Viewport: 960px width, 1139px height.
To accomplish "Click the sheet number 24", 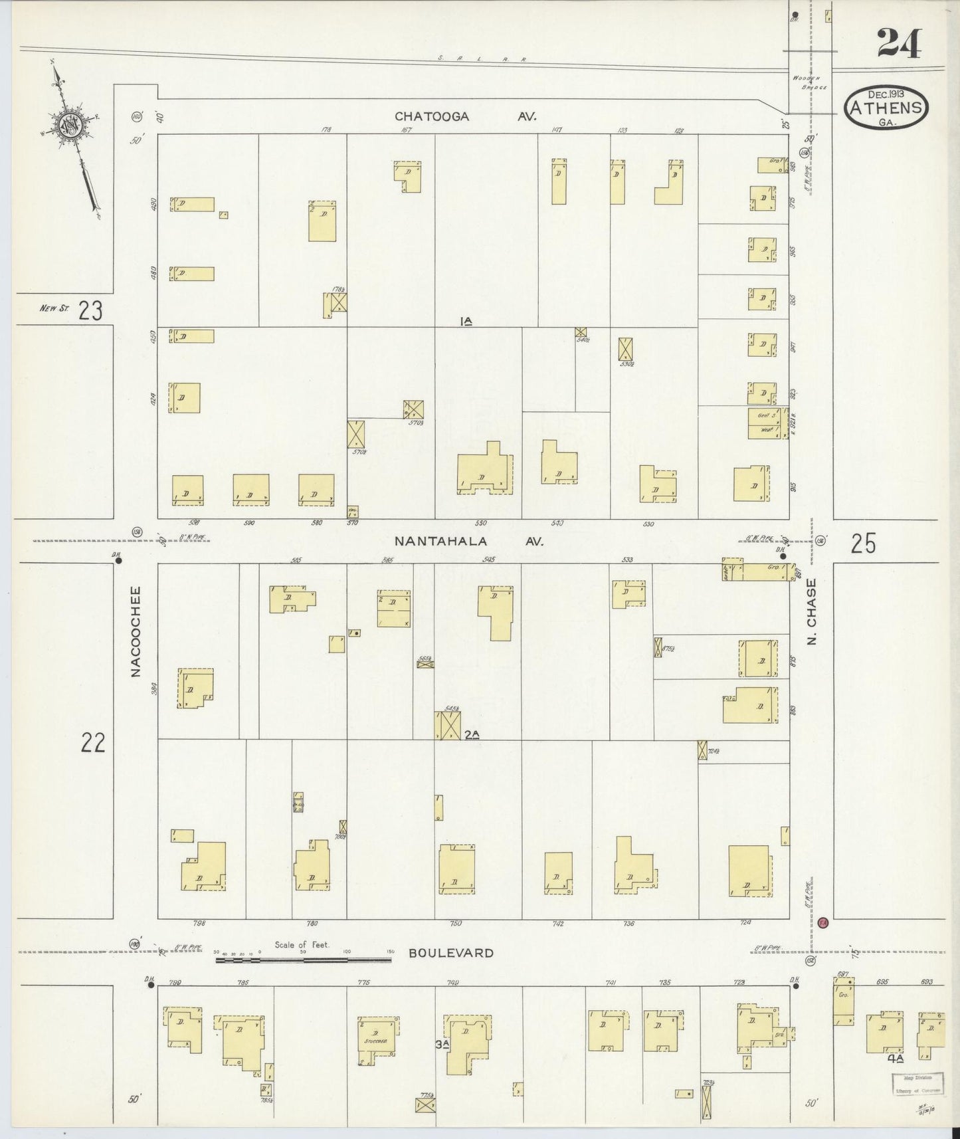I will tap(899, 45).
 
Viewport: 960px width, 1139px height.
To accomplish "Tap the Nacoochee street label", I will tap(136, 631).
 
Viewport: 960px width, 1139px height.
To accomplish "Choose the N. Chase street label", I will tap(811, 612).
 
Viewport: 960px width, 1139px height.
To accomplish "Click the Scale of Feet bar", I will tap(303, 952).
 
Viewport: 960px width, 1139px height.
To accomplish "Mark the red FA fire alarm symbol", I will tap(823, 923).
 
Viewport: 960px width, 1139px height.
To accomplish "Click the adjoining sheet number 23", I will tap(90, 310).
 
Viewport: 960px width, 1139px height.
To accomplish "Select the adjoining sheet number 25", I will tap(863, 544).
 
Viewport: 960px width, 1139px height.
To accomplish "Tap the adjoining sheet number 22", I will tap(93, 742).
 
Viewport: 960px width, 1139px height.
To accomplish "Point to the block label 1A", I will tap(466, 322).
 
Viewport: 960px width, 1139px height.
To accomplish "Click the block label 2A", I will tap(472, 734).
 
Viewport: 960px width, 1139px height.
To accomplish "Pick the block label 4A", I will tap(895, 1059).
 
